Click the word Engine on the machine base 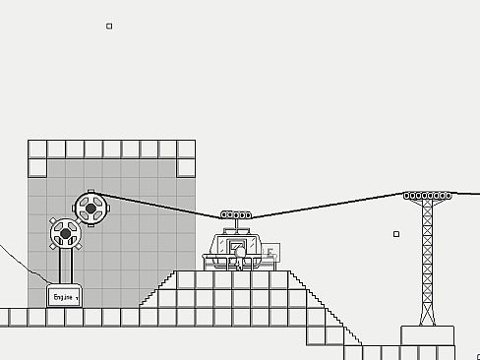[x=62, y=296]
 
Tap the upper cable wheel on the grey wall [x=90, y=208]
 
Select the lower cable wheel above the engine [x=66, y=233]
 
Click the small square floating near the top [x=109, y=27]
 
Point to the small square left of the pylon [x=396, y=234]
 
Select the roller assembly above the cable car [x=235, y=214]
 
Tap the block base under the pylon [x=427, y=335]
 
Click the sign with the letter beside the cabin [x=270, y=253]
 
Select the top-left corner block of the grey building [x=37, y=149]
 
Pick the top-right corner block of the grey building [x=186, y=149]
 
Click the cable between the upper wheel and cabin [x=157, y=204]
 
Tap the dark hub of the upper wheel [x=90, y=208]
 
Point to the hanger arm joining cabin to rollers [x=235, y=225]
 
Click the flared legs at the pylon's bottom [x=427, y=315]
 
